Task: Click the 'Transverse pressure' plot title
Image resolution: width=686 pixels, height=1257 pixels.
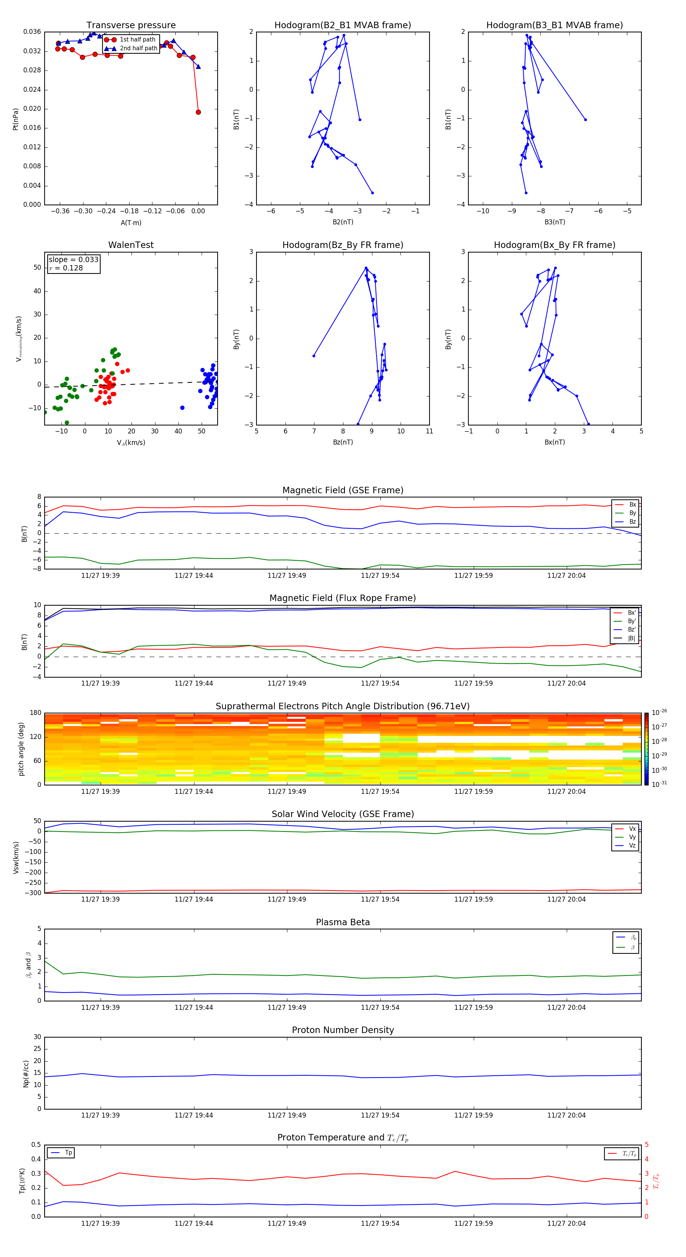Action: click(x=131, y=26)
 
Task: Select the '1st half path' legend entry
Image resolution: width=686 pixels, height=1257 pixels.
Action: click(x=137, y=40)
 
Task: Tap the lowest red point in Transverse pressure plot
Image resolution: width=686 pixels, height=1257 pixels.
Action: click(x=198, y=112)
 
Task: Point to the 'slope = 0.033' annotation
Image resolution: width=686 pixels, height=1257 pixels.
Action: click(x=73, y=260)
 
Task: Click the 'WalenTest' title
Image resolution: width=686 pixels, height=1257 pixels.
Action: click(x=131, y=245)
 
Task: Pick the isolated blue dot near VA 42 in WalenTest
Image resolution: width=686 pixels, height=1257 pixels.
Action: click(x=182, y=408)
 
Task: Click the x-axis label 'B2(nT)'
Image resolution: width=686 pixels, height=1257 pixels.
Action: click(x=343, y=222)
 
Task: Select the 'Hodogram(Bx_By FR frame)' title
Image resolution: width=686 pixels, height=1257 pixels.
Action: click(x=554, y=245)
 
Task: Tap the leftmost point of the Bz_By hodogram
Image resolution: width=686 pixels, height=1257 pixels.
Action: click(x=313, y=356)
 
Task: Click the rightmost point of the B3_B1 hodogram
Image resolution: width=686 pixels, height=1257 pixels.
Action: click(x=585, y=120)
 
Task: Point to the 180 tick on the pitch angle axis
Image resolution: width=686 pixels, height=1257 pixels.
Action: click(x=36, y=713)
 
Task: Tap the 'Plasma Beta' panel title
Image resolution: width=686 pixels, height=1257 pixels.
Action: click(x=343, y=922)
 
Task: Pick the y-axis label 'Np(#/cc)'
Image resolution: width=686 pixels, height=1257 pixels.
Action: click(x=26, y=1073)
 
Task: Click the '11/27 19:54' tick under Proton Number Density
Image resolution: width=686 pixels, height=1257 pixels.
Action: click(x=380, y=1115)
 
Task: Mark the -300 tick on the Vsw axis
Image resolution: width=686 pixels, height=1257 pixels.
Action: click(x=34, y=893)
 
